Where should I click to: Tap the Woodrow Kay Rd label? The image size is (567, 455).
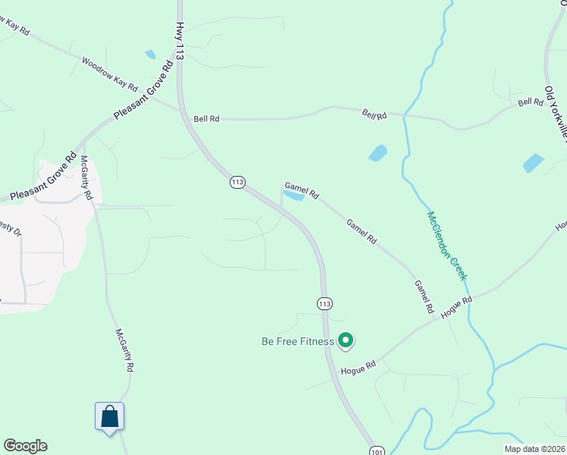coord(109,74)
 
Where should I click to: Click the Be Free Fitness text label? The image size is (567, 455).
coord(298,341)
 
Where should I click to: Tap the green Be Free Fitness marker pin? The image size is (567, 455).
coord(346,341)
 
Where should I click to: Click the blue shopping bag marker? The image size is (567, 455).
coord(109,416)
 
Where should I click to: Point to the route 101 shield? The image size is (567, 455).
coord(377,450)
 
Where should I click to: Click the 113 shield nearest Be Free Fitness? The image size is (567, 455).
coord(324,303)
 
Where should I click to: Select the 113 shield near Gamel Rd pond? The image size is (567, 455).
coord(238,182)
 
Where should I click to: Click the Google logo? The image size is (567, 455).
coord(25,446)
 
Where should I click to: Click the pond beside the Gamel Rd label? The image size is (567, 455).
coord(293,196)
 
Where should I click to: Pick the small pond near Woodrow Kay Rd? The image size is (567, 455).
coord(150,55)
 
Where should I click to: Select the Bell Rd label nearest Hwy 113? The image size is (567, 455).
coord(206,119)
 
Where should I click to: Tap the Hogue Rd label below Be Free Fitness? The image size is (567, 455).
coord(359,368)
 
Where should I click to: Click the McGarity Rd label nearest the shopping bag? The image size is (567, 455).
coord(124,350)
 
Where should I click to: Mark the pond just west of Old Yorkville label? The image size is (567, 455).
coord(533,163)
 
